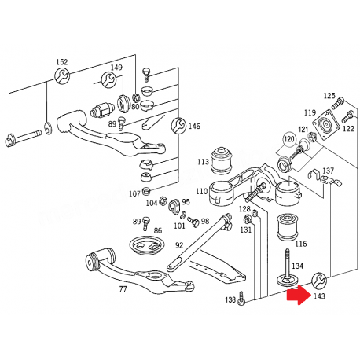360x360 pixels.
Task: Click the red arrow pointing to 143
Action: [298, 296]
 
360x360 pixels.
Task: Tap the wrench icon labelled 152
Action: [62, 75]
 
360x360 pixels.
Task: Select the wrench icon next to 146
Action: [178, 125]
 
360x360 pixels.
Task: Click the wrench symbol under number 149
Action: [108, 79]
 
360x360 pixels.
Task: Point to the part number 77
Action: [123, 289]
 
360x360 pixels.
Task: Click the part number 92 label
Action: [179, 245]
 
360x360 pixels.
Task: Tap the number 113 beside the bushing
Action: [204, 162]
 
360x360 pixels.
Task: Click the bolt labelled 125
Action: [338, 103]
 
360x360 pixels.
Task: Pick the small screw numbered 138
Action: [241, 299]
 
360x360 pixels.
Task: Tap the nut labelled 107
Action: [145, 192]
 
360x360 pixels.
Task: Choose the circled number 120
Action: [289, 139]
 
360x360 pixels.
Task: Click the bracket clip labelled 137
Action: [325, 178]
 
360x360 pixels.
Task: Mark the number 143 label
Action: [319, 296]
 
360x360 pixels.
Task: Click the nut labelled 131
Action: [248, 219]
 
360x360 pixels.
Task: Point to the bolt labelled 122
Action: [348, 116]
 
